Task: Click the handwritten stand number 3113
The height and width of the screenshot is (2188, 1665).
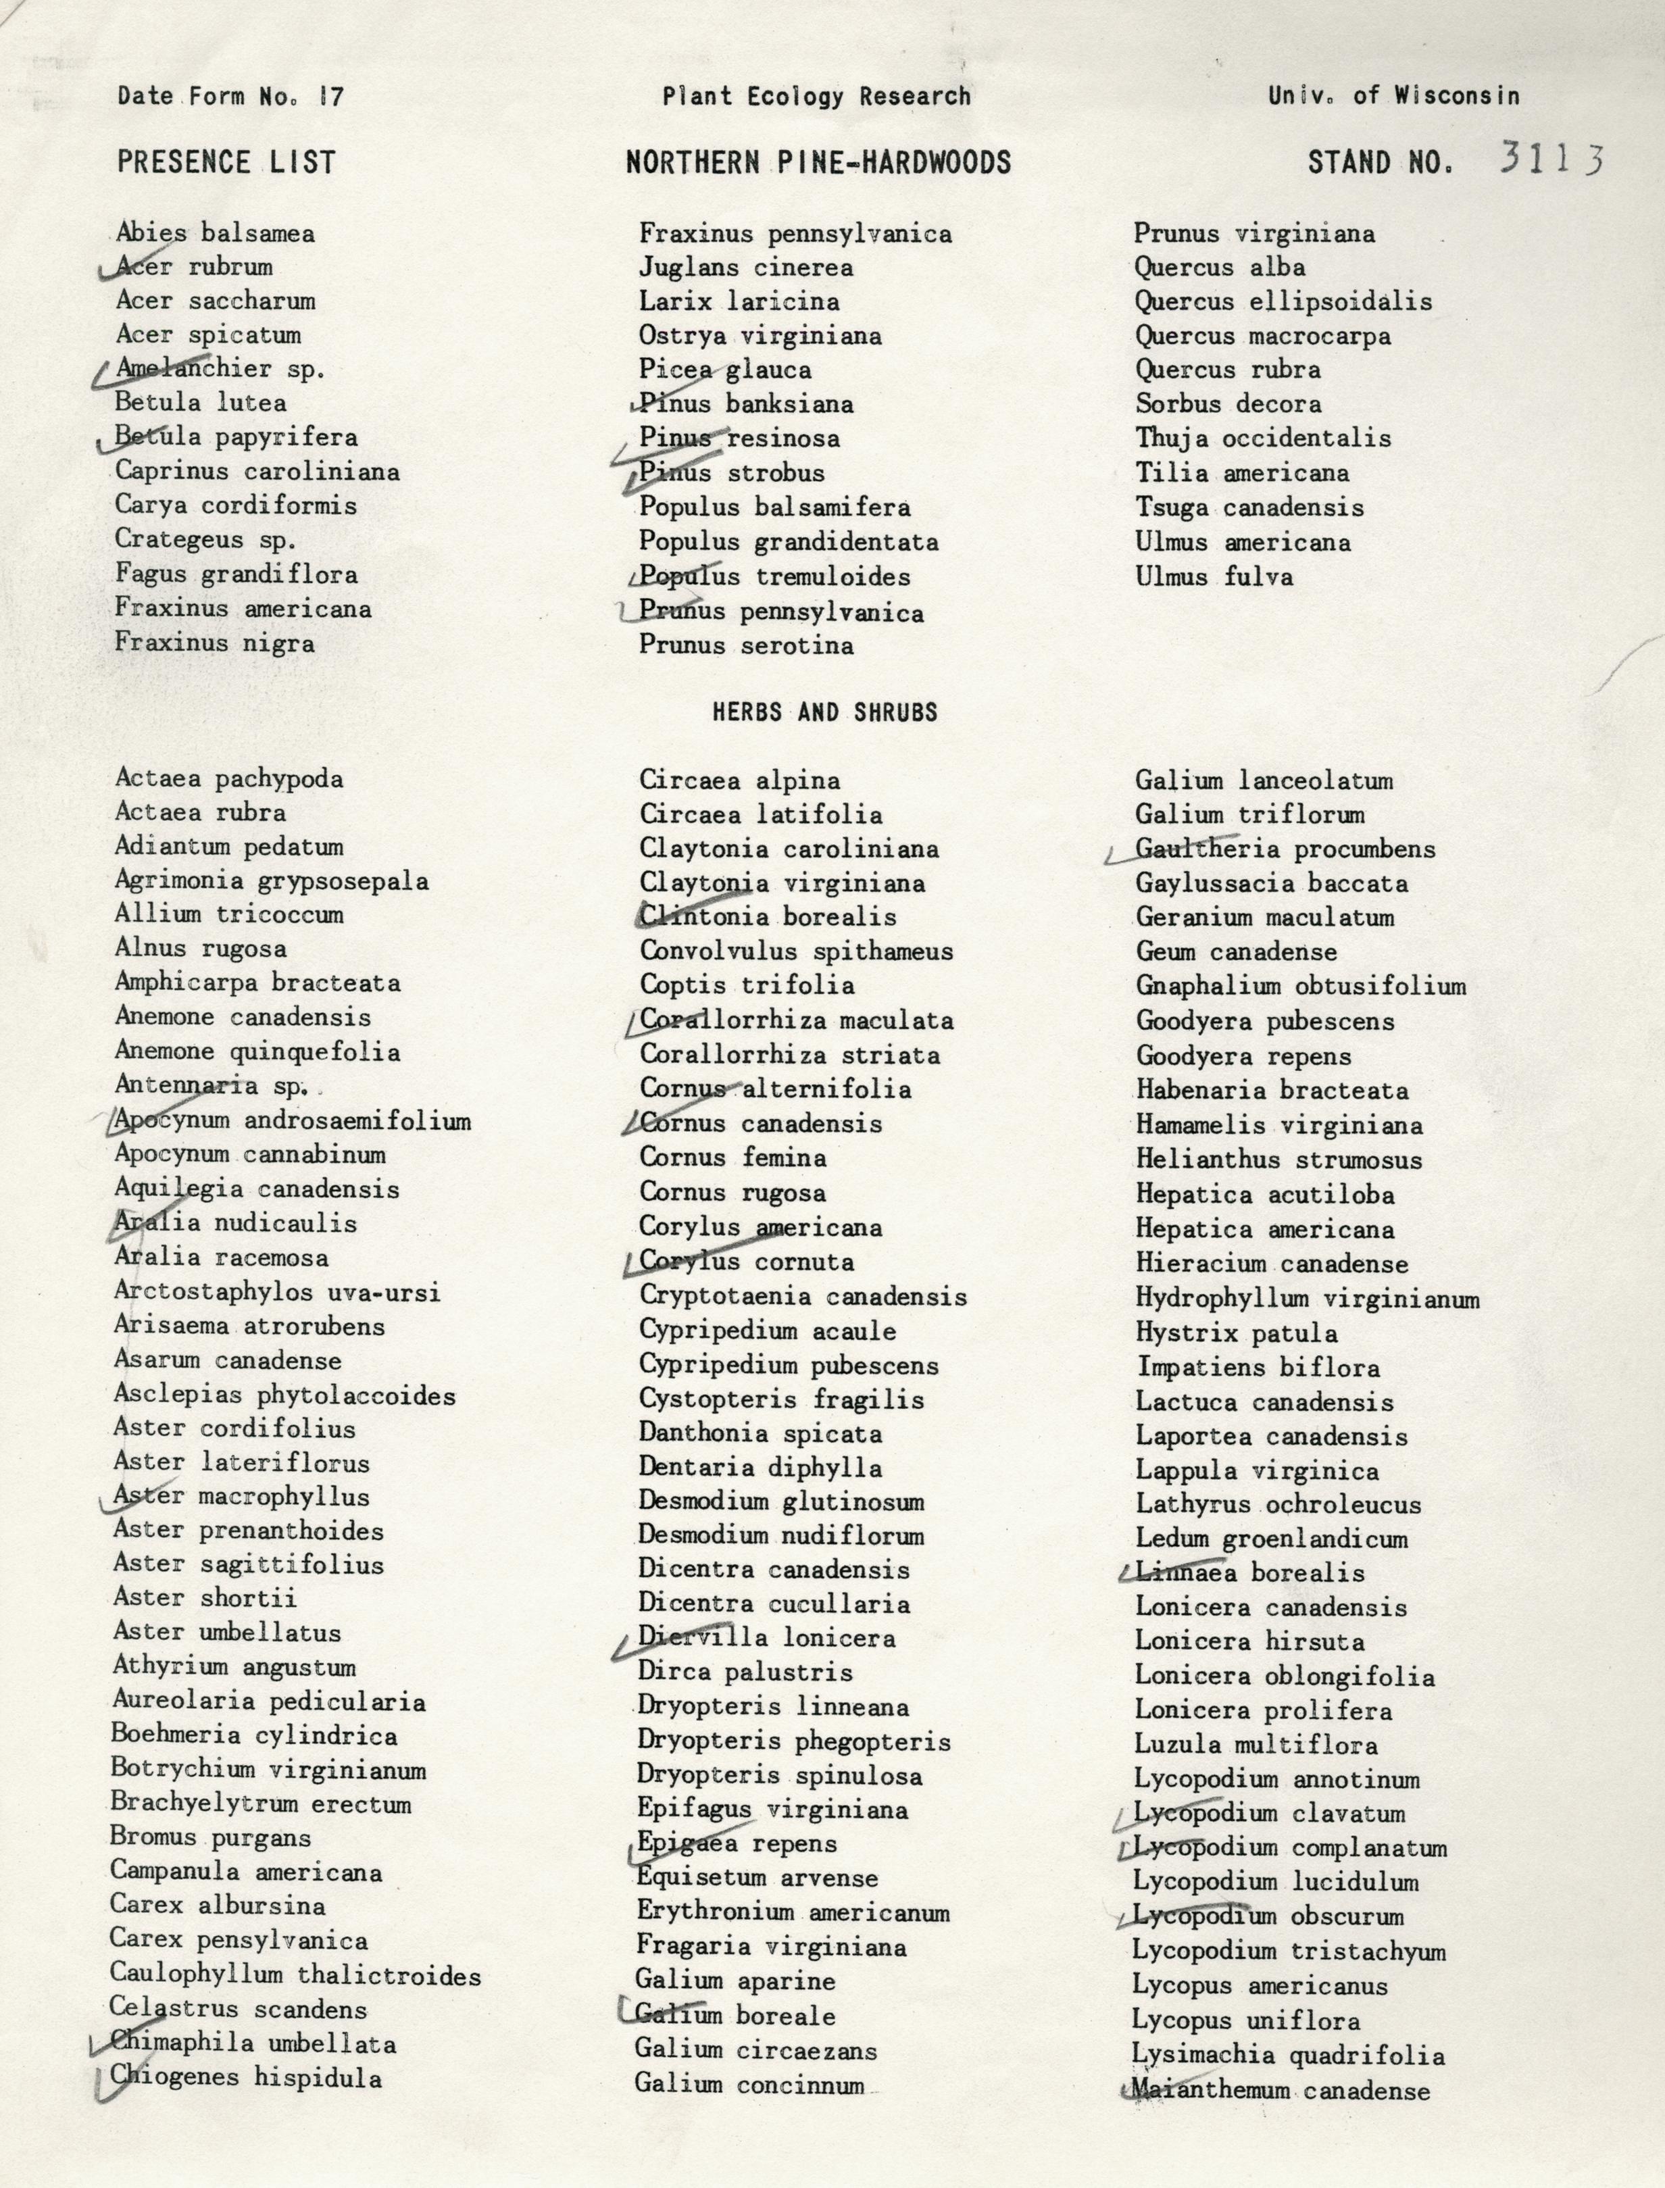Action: click(1550, 159)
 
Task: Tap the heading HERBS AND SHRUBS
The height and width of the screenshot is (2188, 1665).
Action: click(824, 712)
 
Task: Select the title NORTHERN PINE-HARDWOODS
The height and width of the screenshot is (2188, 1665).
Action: click(818, 163)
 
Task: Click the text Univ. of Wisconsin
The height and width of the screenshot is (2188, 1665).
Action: click(1393, 95)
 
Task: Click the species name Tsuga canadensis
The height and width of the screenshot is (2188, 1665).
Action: click(1249, 508)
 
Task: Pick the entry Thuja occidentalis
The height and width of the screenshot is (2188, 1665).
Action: click(1263, 438)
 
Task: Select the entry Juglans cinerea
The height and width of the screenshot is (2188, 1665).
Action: click(745, 268)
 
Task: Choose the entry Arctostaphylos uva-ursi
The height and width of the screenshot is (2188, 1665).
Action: click(276, 1292)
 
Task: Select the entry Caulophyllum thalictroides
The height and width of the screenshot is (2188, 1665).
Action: click(295, 1975)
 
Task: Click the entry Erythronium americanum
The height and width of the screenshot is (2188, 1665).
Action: click(793, 1912)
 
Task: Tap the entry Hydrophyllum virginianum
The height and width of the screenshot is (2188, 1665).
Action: click(1308, 1299)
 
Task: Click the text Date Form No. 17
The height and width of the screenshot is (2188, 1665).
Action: click(230, 96)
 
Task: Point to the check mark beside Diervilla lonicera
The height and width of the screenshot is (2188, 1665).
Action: click(639, 1641)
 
